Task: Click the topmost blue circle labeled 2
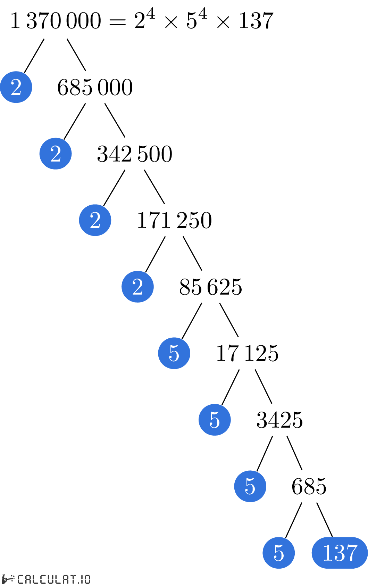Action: (x=16, y=87)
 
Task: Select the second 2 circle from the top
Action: (x=56, y=154)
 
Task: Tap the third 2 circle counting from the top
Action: (x=95, y=220)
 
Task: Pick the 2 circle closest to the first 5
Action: (x=137, y=287)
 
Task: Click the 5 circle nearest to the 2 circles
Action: (x=174, y=353)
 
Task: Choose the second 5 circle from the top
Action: (x=215, y=420)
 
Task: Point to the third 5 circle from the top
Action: (x=250, y=486)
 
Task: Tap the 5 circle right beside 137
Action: (x=278, y=553)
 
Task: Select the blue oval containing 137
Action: (x=340, y=553)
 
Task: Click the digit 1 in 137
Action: (x=327, y=553)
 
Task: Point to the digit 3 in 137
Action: (x=340, y=553)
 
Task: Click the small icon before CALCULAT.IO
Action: (x=8, y=579)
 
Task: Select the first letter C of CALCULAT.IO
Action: (x=21, y=579)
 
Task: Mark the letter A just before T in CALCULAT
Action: (x=65, y=579)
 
